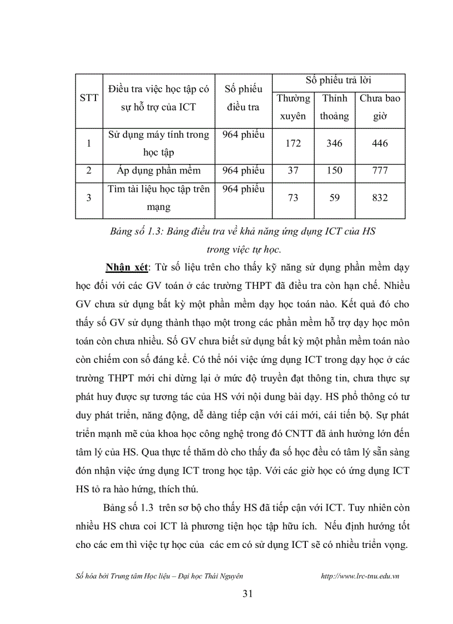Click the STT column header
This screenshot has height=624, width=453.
tap(89, 98)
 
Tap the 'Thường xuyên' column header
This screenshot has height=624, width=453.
tap(293, 107)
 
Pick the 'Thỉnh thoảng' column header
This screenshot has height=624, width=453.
tap(334, 107)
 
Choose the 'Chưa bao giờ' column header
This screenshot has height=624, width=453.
tap(380, 107)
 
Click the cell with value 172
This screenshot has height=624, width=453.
tap(293, 143)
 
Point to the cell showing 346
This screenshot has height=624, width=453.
tap(334, 143)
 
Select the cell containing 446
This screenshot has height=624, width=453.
tap(380, 143)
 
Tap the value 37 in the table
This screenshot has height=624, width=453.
tap(293, 171)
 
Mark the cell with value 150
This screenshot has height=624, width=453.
tap(334, 171)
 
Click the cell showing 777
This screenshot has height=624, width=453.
tap(380, 171)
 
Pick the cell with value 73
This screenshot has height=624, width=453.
tap(293, 198)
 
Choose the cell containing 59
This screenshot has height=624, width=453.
tap(334, 198)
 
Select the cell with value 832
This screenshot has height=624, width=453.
tap(380, 198)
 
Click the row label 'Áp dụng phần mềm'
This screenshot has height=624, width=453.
tap(159, 171)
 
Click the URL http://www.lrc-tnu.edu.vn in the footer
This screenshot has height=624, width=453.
tap(360, 576)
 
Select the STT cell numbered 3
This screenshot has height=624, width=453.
tap(89, 198)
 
